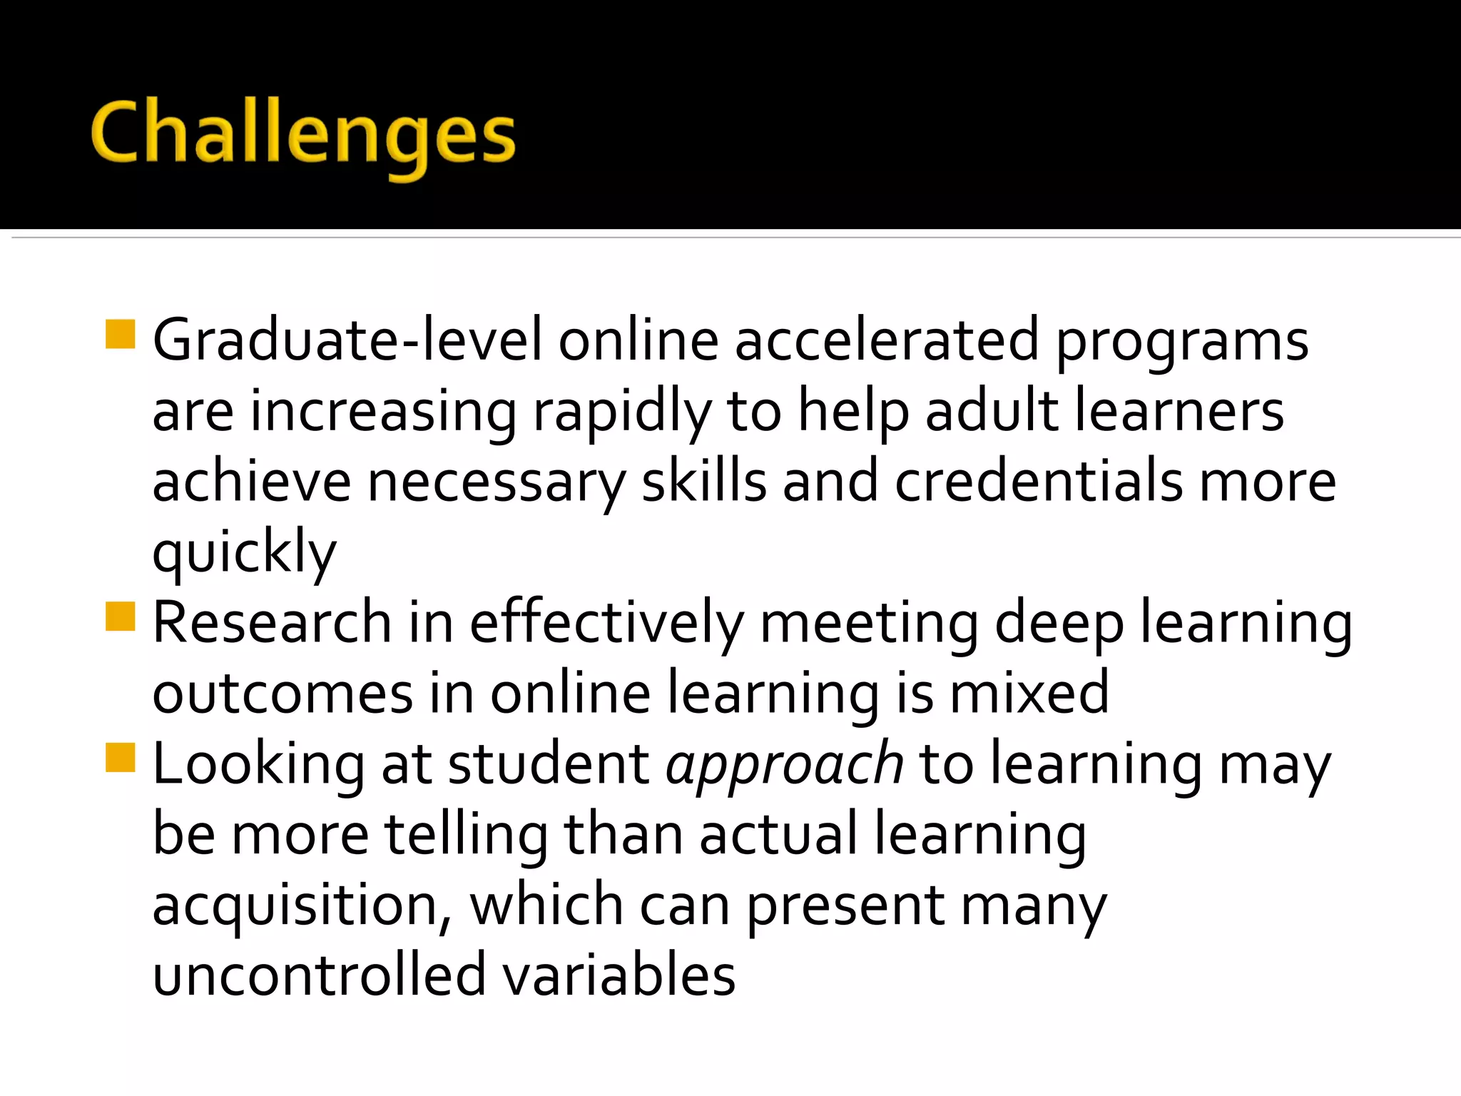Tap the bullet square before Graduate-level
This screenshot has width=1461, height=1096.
(x=120, y=335)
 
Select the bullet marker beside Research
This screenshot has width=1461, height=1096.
(x=120, y=617)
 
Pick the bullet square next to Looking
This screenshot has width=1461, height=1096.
(x=120, y=758)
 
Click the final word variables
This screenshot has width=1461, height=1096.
(x=618, y=975)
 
